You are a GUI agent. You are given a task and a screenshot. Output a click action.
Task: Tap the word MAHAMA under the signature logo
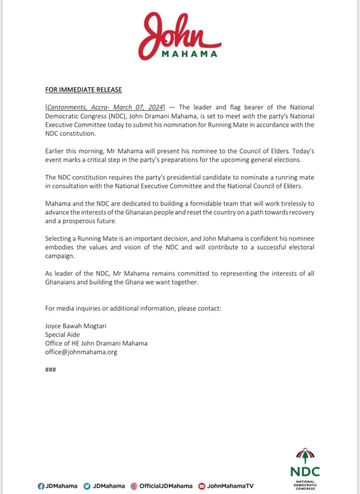tap(190, 54)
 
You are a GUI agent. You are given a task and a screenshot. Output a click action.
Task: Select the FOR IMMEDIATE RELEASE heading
tap(83, 90)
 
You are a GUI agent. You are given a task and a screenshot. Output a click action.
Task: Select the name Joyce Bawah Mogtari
tap(76, 326)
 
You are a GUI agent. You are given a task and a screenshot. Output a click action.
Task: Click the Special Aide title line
tap(62, 334)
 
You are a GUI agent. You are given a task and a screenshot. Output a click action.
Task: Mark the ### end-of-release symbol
tap(50, 370)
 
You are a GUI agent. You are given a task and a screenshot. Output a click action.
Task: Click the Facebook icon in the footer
tap(40, 485)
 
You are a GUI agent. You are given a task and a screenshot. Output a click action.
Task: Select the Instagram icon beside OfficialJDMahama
tap(133, 485)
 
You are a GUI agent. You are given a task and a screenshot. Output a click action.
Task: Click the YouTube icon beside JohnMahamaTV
tap(201, 485)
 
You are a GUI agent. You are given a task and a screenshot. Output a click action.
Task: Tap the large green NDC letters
tap(304, 471)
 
